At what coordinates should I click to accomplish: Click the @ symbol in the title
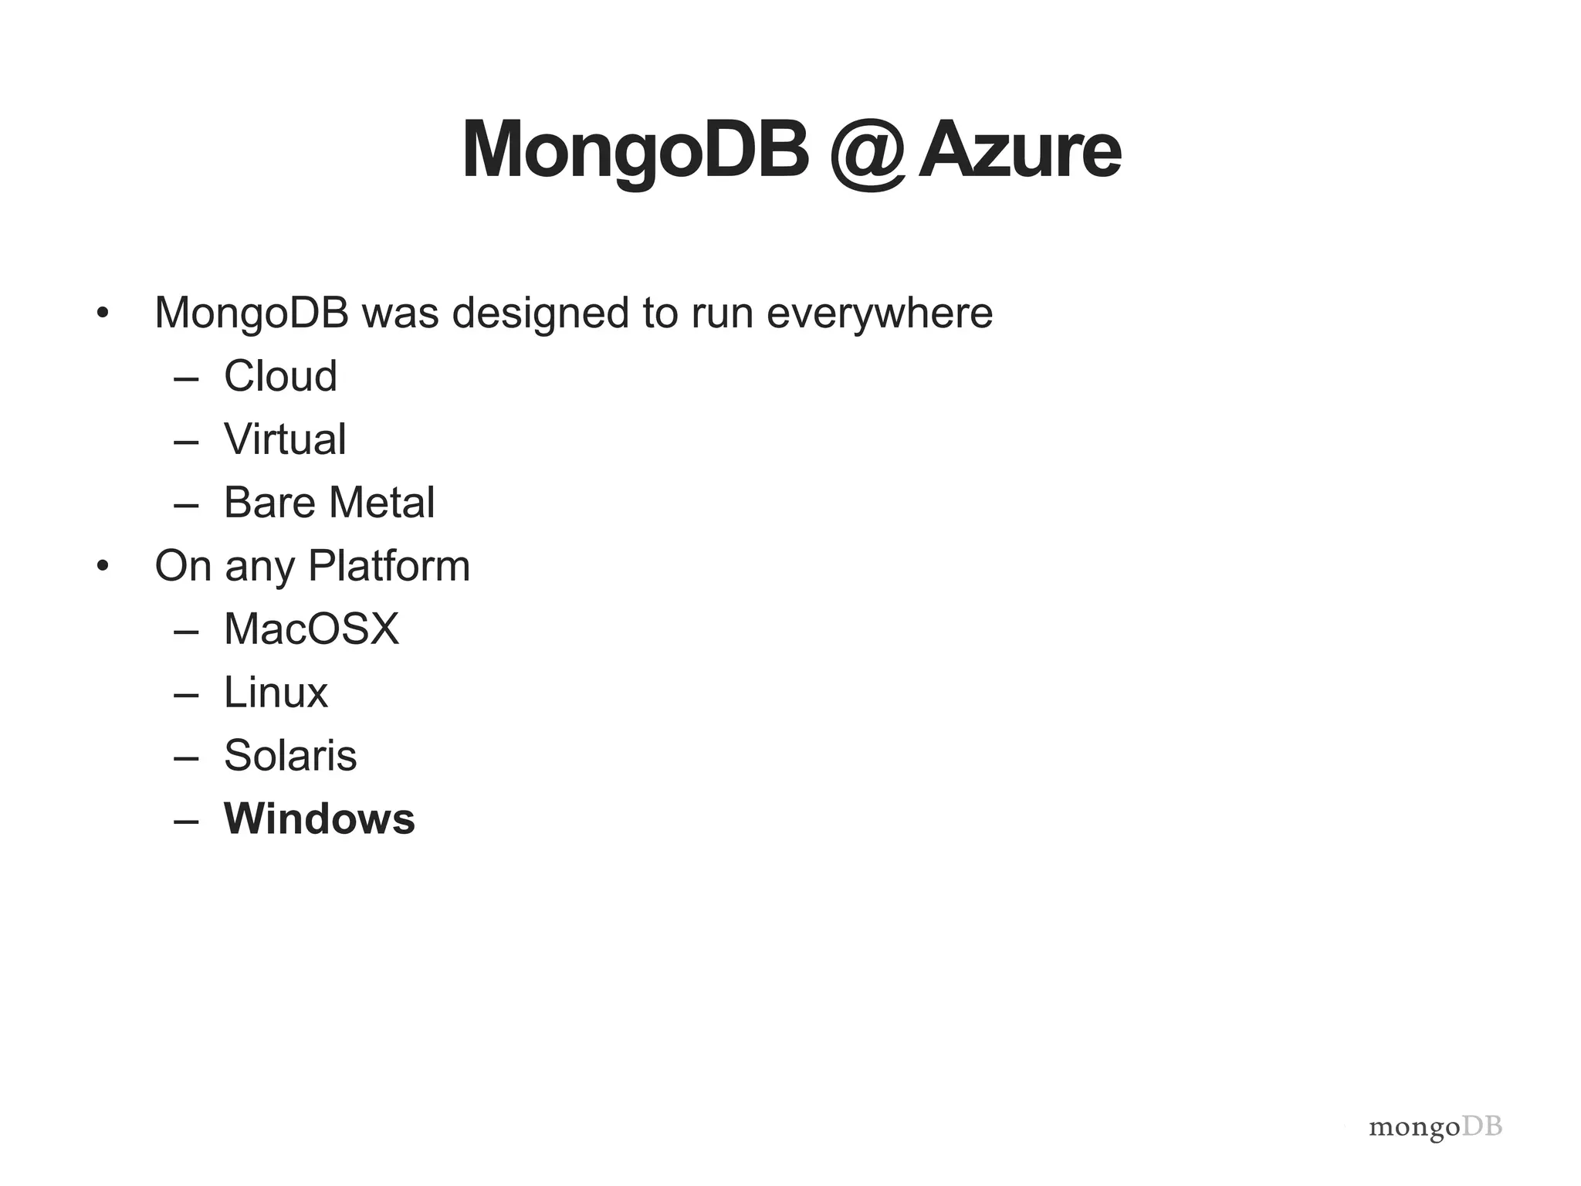(x=867, y=152)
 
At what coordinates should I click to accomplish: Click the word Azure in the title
(x=1019, y=151)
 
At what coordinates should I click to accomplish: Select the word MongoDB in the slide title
(x=635, y=151)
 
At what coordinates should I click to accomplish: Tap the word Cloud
(x=280, y=376)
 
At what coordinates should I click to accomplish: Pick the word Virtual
(x=285, y=439)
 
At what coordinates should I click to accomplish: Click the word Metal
(x=382, y=503)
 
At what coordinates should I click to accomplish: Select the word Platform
(x=389, y=566)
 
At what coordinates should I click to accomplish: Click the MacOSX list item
(x=311, y=629)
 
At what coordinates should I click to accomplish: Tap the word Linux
(x=276, y=693)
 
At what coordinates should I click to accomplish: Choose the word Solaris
(x=290, y=755)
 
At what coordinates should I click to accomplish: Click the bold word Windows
(x=319, y=818)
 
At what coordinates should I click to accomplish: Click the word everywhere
(x=879, y=313)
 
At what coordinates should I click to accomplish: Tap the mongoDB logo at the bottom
(x=1435, y=1127)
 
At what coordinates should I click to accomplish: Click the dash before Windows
(x=186, y=821)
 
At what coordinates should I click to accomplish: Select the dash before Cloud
(x=186, y=378)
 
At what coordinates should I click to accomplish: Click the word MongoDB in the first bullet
(x=252, y=313)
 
